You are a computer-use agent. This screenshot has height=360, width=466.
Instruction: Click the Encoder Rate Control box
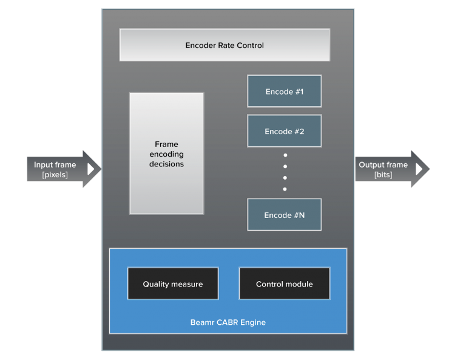[225, 45]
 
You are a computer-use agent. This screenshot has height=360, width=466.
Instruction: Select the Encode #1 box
[284, 92]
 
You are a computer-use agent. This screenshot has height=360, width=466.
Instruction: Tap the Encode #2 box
[284, 131]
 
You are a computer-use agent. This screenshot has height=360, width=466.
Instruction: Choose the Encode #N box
[284, 215]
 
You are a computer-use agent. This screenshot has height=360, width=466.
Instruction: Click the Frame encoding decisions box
[166, 154]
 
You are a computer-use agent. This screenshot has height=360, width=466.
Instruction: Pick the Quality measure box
[172, 284]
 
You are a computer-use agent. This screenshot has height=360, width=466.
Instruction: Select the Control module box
[284, 284]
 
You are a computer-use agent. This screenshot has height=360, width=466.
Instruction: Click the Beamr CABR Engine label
[228, 322]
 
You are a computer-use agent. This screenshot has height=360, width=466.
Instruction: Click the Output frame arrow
[388, 169]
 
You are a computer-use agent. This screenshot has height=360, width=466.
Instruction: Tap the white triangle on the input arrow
[91, 169]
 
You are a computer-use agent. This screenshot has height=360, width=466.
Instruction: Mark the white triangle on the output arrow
[419, 169]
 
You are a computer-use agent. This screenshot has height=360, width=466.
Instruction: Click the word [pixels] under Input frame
[55, 175]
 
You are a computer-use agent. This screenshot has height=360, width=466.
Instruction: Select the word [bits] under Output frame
[383, 175]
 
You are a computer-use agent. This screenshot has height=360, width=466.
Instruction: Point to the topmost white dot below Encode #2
[285, 155]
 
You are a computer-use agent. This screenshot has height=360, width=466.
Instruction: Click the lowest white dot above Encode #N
[285, 189]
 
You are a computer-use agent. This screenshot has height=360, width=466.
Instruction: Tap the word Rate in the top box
[231, 46]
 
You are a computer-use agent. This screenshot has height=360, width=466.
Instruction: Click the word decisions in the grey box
[166, 164]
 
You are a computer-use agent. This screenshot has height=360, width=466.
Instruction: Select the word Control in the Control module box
[270, 284]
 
